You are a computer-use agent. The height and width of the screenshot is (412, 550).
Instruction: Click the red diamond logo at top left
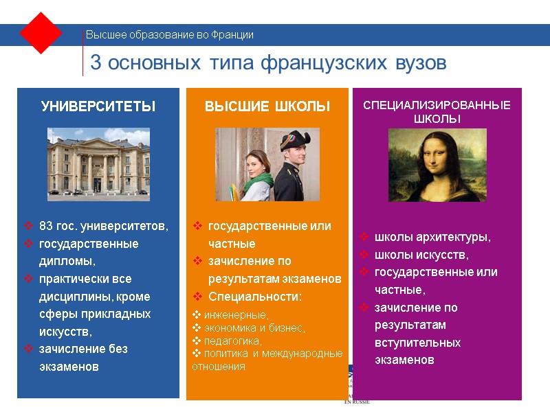coord(41,33)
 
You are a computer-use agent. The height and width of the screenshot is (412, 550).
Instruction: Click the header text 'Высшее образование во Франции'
coord(169,35)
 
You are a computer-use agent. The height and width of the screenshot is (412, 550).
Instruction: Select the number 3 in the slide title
coord(96,63)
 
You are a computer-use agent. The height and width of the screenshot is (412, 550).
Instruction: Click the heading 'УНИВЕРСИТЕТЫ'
coord(98,106)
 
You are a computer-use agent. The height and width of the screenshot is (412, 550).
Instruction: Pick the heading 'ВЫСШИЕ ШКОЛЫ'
coord(267,106)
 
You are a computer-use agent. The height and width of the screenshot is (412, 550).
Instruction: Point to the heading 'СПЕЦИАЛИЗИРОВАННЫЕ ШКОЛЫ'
coord(437,112)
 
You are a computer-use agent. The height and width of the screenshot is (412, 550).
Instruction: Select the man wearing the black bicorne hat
coord(293,165)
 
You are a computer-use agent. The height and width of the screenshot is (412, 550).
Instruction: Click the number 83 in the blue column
coord(46,226)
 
